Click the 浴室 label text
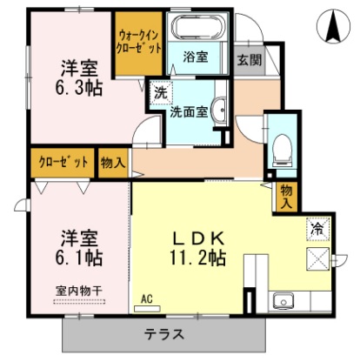point(196,58)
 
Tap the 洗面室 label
point(188,111)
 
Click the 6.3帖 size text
point(79,88)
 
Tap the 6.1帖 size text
point(79,258)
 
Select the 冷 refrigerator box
point(317,228)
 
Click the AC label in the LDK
point(146,299)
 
